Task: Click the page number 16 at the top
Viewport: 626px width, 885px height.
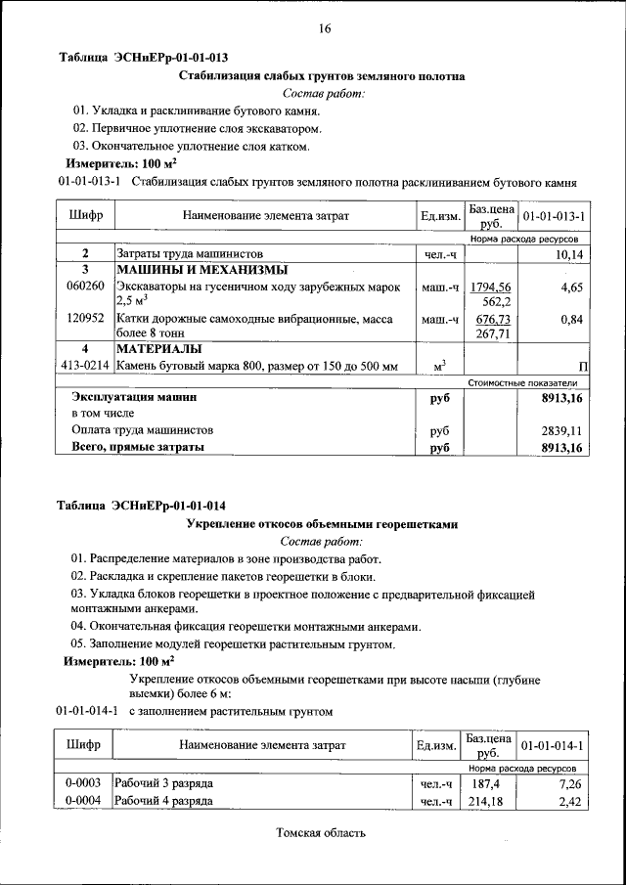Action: click(324, 29)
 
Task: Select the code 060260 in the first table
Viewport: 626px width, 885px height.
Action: click(85, 287)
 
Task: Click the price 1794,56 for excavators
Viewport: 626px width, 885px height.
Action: click(490, 287)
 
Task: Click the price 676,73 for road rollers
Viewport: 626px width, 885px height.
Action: click(492, 319)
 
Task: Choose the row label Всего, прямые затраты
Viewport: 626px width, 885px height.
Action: click(138, 448)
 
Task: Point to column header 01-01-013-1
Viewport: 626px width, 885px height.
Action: click(554, 215)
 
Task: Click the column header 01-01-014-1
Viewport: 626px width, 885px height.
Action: click(554, 746)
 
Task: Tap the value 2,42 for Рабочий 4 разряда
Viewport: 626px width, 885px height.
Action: click(569, 802)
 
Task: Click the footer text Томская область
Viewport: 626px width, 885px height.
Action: click(321, 833)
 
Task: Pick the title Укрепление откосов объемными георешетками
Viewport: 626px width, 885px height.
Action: click(322, 524)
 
